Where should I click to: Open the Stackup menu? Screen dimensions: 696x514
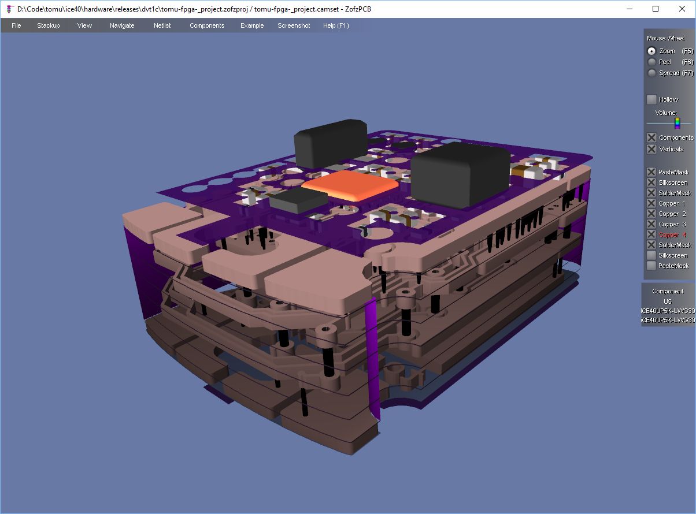[49, 25]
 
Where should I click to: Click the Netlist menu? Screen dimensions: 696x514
[162, 25]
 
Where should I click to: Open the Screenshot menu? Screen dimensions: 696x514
[294, 25]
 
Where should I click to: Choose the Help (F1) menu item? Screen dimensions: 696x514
[336, 25]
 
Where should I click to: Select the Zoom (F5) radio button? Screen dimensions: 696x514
[651, 51]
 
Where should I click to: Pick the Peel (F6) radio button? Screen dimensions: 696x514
[651, 62]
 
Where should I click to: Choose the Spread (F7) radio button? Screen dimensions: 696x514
[651, 73]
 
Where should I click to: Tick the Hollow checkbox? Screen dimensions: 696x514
[651, 99]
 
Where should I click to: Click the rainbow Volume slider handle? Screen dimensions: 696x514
[678, 123]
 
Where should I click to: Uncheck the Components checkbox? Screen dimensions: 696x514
[651, 137]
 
